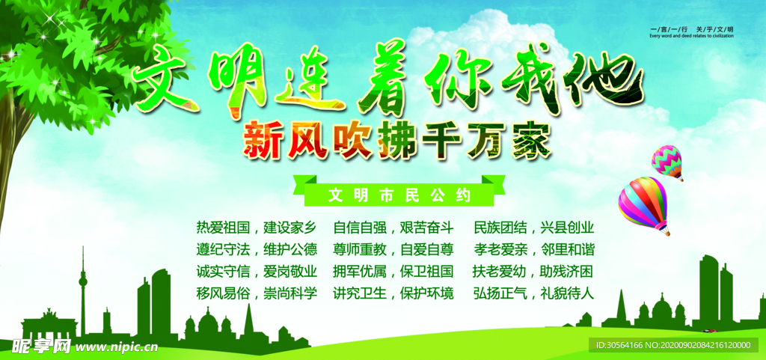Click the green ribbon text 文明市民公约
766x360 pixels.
pyautogui.click(x=399, y=196)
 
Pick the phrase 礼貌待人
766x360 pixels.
pyautogui.click(x=567, y=293)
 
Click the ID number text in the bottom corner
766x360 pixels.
pyautogui.click(x=672, y=345)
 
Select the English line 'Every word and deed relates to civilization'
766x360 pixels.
pyautogui.click(x=692, y=35)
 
